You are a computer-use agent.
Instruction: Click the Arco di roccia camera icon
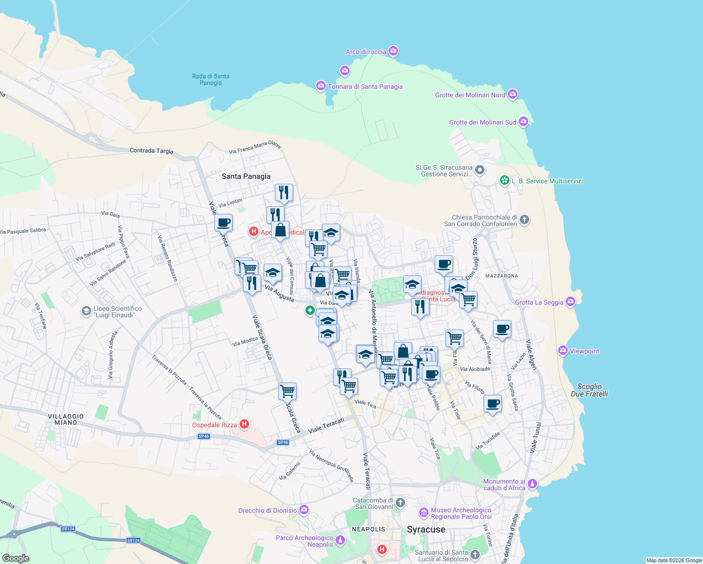point(394,51)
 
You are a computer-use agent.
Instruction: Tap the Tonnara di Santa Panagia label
point(365,86)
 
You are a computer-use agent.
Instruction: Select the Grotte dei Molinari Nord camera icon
point(513,94)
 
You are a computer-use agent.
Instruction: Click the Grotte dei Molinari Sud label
point(483,122)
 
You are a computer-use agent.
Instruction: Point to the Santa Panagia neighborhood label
point(246,176)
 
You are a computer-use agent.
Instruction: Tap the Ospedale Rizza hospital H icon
point(244,424)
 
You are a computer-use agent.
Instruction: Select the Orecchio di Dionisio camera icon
point(304,510)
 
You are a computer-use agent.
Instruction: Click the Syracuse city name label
point(426,530)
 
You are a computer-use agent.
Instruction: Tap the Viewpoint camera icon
point(563,351)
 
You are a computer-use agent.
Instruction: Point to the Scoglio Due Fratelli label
point(589,390)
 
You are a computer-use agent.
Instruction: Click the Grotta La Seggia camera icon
point(570,302)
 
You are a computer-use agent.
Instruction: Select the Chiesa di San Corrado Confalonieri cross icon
point(524,219)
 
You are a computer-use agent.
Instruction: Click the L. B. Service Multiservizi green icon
point(505,180)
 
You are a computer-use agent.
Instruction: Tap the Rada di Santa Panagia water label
point(211,79)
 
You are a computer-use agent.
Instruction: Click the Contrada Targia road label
point(151,151)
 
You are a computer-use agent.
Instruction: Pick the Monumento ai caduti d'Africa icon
point(532,484)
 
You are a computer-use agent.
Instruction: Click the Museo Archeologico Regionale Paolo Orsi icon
point(424,512)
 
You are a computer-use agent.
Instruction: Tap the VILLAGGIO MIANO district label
point(66,419)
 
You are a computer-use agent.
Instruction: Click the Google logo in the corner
point(16,558)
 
